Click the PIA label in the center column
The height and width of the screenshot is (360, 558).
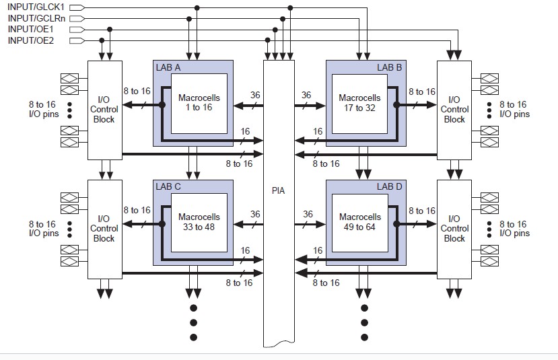tap(279, 190)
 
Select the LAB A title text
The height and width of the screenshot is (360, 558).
tap(168, 67)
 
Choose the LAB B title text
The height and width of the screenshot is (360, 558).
tap(388, 67)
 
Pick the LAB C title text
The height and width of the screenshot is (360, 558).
tap(168, 186)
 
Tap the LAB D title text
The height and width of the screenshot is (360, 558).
tap(388, 186)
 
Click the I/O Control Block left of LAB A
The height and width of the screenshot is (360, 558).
tap(104, 109)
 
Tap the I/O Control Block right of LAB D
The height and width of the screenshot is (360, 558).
tap(454, 228)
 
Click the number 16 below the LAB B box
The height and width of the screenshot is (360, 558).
tap(318, 131)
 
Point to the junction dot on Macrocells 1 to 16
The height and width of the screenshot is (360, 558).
tap(162, 105)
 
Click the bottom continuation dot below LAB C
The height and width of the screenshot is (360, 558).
tap(193, 337)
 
